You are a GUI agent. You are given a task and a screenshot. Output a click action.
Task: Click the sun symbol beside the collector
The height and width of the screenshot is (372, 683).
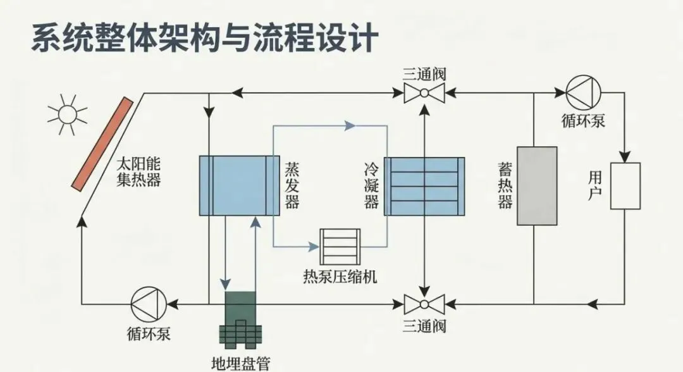66,115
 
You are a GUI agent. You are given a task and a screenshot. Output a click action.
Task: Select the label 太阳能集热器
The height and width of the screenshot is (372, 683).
138,172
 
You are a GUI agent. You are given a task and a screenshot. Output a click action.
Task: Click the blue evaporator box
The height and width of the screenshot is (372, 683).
239,186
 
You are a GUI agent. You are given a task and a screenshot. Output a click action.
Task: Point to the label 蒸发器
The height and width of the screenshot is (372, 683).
292,185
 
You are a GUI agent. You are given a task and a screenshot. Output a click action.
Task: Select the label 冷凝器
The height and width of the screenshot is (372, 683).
371,185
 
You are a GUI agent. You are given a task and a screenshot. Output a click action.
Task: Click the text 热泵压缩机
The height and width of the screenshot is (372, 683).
340,276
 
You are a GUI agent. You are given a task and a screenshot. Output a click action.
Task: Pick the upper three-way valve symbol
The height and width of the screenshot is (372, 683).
424,95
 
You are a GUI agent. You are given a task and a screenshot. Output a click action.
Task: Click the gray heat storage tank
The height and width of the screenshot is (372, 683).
537,186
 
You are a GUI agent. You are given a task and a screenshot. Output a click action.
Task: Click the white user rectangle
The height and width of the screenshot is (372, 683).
625,186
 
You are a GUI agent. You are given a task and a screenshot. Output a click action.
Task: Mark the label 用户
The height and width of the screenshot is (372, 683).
594,185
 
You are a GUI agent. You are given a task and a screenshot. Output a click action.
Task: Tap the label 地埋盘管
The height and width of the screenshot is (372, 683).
240,363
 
